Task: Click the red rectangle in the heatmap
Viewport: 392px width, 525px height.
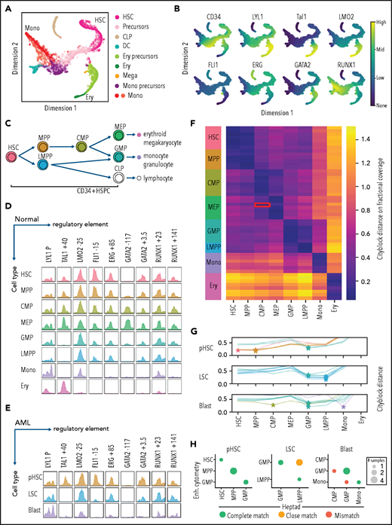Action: (x=262, y=204)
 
